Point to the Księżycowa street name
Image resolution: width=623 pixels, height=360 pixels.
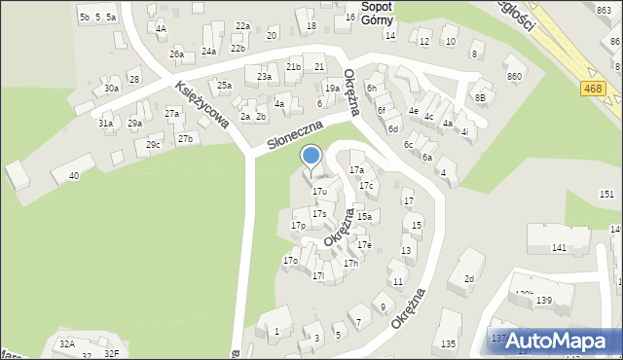(202, 105)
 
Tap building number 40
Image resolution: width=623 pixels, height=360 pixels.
(73, 176)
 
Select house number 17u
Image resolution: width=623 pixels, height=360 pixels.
(319, 192)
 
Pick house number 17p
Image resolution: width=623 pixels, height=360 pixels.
(299, 226)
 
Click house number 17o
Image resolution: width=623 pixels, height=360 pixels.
(290, 261)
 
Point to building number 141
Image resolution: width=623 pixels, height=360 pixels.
(559, 248)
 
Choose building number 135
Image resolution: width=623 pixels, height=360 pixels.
(448, 343)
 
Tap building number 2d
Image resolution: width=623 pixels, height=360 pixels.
(468, 279)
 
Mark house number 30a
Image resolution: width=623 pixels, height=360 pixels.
(112, 89)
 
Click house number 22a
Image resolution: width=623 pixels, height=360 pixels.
(242, 26)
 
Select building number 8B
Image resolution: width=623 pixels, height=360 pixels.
(480, 97)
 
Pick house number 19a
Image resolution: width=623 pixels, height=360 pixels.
(332, 89)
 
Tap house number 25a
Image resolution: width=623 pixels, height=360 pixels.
(224, 86)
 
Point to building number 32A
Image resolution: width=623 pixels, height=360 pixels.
(66, 343)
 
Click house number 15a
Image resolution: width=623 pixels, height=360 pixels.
(364, 217)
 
